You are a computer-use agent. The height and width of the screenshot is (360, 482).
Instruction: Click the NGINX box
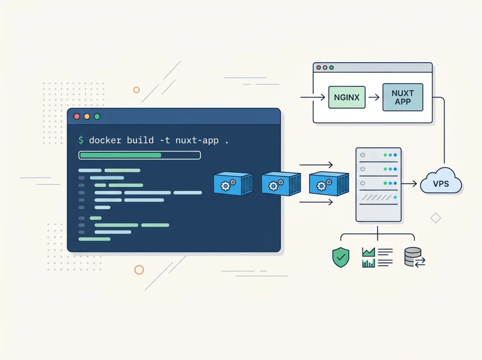[x=347, y=97]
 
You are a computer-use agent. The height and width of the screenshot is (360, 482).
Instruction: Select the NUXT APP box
[x=402, y=97]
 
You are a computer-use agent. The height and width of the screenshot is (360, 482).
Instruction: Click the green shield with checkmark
[x=340, y=258]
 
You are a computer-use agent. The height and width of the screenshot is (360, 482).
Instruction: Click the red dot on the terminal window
[x=77, y=116]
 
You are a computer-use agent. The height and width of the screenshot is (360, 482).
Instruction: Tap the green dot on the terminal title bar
[x=97, y=116]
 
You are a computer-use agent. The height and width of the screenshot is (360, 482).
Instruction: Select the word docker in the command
[x=105, y=140]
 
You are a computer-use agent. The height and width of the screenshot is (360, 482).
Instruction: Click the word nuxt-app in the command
[x=197, y=140]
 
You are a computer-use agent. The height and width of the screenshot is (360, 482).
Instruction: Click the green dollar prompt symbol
[x=81, y=140]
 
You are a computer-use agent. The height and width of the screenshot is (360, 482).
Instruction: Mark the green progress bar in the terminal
[x=120, y=155]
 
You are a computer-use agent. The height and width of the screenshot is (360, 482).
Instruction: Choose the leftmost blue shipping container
[x=232, y=184]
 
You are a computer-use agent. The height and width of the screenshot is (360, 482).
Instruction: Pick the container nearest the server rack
[x=329, y=184]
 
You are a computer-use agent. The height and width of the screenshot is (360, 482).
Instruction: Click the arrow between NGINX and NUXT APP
[x=374, y=97]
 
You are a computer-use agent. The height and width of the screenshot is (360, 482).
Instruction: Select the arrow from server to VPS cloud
[x=410, y=184]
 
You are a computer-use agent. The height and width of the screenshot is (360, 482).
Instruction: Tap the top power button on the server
[x=363, y=155]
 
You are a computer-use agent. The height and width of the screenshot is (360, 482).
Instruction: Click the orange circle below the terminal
[x=139, y=270]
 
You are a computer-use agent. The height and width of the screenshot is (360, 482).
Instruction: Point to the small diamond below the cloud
[x=436, y=218]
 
